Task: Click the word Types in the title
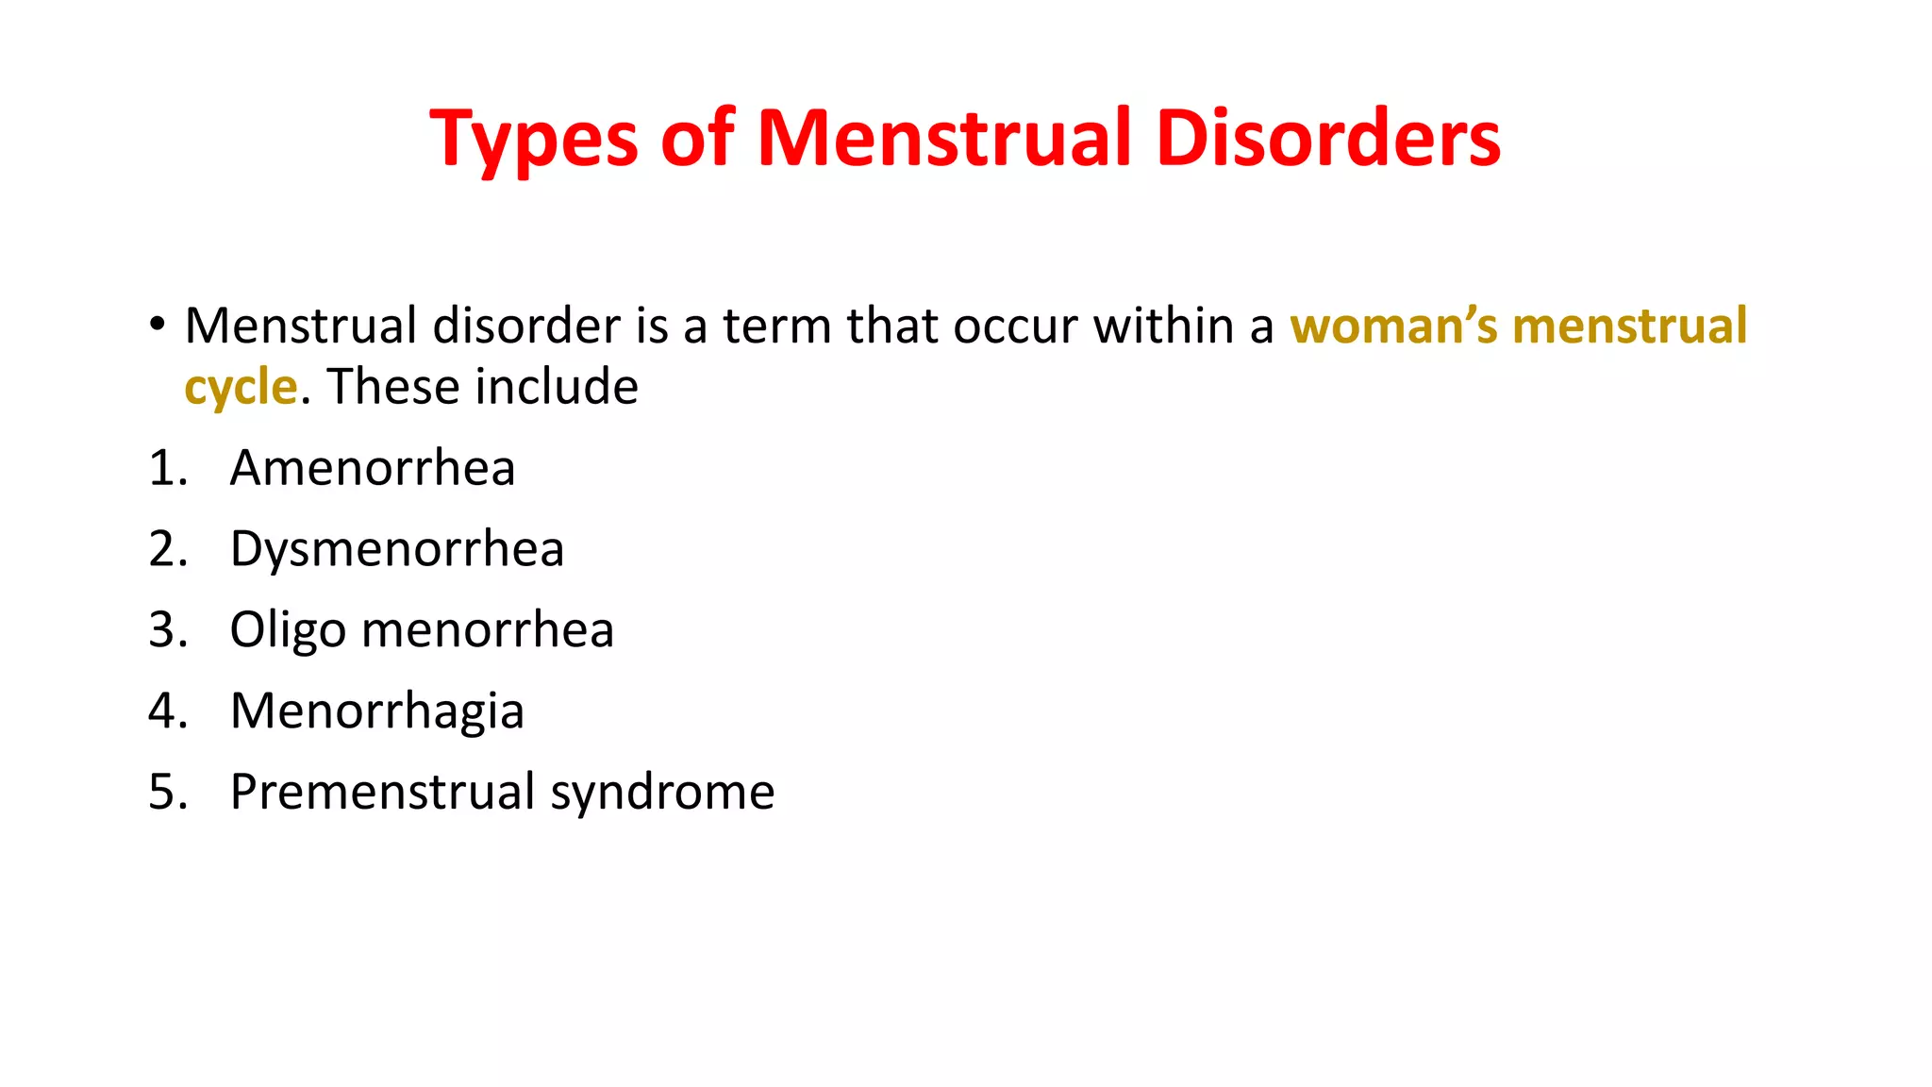(x=534, y=140)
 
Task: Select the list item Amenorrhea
(x=373, y=468)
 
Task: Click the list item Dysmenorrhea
(x=397, y=549)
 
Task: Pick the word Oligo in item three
(x=288, y=630)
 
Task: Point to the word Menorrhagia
(x=376, y=711)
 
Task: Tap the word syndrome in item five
(x=662, y=794)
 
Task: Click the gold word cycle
(x=241, y=388)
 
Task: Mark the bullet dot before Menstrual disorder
(x=157, y=325)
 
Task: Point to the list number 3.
(x=167, y=630)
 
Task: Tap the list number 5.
(x=167, y=792)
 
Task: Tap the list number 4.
(x=167, y=711)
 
